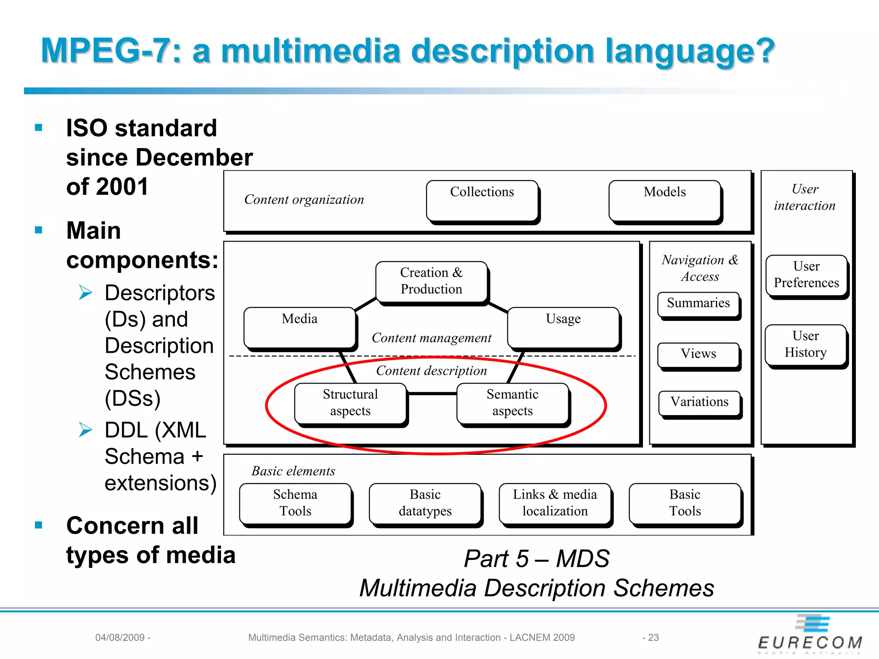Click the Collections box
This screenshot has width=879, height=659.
[x=482, y=201]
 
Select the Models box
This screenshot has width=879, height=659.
[x=664, y=201]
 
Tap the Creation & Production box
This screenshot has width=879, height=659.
[x=431, y=281]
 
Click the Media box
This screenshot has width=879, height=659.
[x=300, y=327]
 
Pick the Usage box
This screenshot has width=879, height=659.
[x=563, y=327]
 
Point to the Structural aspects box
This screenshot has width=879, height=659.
[x=350, y=403]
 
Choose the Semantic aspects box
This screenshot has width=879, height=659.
[x=512, y=403]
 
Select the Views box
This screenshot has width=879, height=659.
[x=698, y=354]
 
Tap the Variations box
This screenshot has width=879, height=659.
[x=700, y=402]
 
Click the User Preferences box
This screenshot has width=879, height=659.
[x=806, y=275]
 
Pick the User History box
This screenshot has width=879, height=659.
[x=806, y=345]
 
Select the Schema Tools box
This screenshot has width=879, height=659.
[x=295, y=503]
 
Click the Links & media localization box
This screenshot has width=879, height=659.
[x=555, y=503]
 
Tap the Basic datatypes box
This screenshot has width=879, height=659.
[x=425, y=503]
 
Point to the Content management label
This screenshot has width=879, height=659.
[x=431, y=338]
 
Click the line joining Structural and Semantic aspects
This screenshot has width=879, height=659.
[x=431, y=393]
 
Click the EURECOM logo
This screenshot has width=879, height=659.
[x=810, y=635]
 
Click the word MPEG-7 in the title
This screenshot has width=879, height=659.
[x=106, y=51]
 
